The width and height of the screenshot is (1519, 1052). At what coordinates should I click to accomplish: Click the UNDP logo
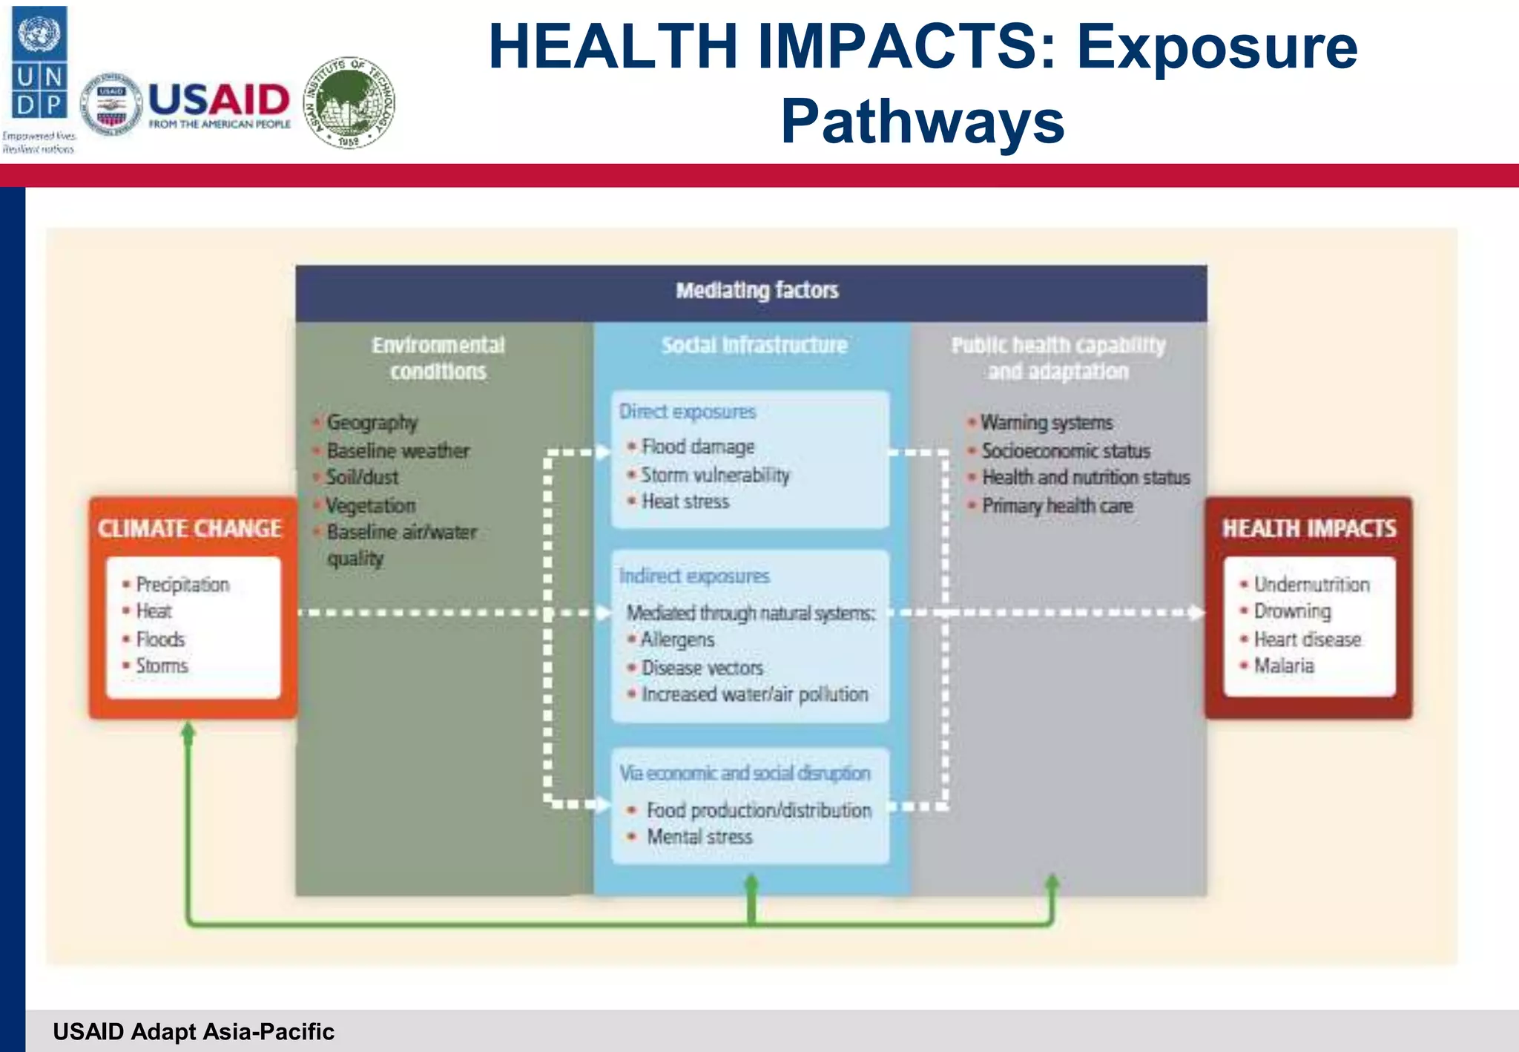(x=39, y=63)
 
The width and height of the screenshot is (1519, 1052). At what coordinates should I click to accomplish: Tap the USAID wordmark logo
(x=219, y=104)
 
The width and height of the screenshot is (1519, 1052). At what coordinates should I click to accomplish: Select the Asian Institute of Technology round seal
(x=349, y=103)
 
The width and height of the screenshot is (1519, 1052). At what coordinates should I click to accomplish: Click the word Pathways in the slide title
(x=922, y=121)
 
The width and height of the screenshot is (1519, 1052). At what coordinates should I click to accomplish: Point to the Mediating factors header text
(x=757, y=290)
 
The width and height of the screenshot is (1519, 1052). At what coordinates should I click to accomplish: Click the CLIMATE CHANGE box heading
(x=190, y=528)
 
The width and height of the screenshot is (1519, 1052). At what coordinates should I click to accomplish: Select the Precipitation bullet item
(x=182, y=585)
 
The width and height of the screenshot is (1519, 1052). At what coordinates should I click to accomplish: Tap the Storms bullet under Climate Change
(x=162, y=665)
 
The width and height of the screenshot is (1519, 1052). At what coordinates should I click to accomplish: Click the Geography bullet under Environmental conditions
(x=372, y=422)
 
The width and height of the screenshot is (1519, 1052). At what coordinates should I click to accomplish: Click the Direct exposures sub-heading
(x=688, y=412)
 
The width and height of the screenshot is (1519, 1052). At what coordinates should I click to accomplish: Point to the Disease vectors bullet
(x=702, y=668)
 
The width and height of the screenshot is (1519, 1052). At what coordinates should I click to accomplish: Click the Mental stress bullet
(x=699, y=837)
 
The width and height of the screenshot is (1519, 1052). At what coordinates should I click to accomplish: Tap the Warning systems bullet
(x=1047, y=422)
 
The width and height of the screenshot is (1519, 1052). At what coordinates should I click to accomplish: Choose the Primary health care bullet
(x=1057, y=506)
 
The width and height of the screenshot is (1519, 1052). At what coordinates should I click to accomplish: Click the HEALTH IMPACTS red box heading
(x=1308, y=528)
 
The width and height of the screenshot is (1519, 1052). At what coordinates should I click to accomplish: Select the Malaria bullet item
(x=1283, y=665)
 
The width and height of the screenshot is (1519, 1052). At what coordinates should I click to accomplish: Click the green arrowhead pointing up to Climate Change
(x=188, y=732)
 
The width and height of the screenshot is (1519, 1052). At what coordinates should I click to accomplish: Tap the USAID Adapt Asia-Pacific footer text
(x=194, y=1031)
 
